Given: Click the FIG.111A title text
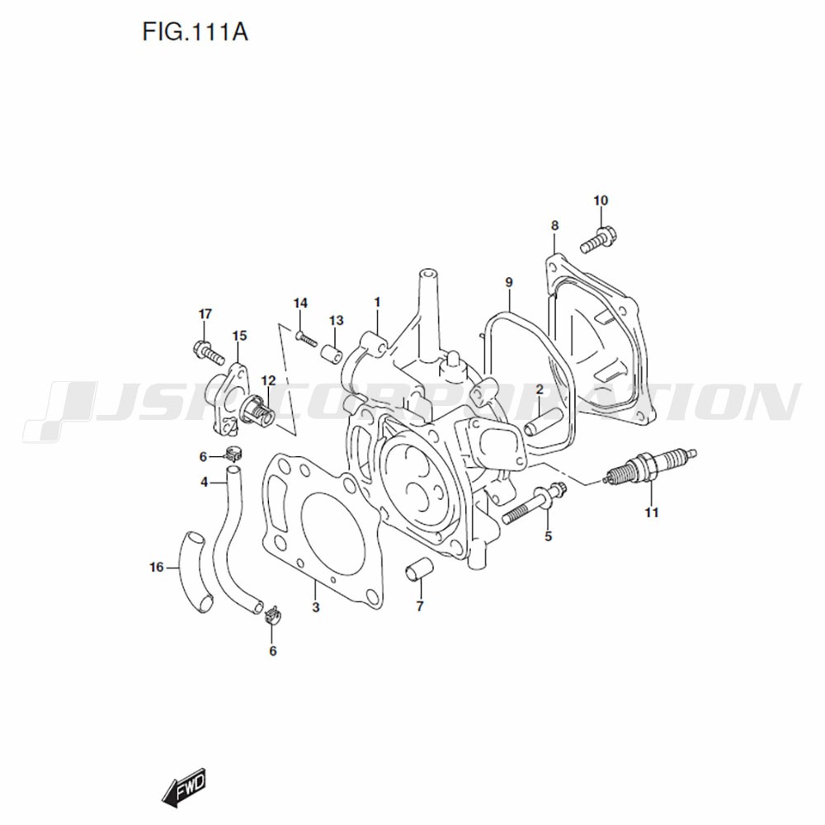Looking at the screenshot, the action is click(195, 33).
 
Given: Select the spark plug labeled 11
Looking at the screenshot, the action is click(650, 467).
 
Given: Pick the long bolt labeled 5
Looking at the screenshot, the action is click(534, 503).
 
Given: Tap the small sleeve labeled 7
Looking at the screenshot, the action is click(419, 570).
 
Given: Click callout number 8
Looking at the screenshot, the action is click(554, 226).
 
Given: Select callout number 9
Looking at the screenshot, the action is click(509, 282).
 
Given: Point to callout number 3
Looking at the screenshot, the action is click(316, 607).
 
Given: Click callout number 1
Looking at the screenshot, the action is click(377, 303).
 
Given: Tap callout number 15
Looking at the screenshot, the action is click(239, 336).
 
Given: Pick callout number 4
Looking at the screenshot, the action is click(205, 482).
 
